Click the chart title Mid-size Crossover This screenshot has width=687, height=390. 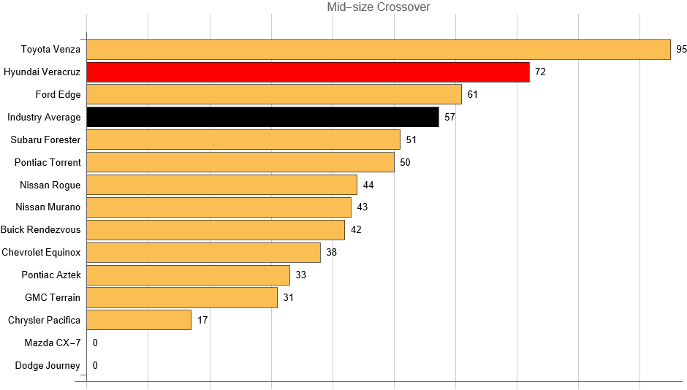[x=379, y=7]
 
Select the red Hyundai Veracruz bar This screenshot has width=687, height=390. [x=308, y=72]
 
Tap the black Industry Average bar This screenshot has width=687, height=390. [x=262, y=117]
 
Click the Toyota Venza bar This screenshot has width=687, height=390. [x=378, y=50]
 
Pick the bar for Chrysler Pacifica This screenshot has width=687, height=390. [x=139, y=320]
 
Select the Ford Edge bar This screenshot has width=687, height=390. [x=274, y=94]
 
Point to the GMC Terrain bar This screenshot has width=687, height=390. [x=182, y=297]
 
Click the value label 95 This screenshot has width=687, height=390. [x=682, y=50]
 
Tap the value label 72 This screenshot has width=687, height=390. [x=540, y=72]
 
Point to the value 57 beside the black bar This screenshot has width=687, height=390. [x=449, y=117]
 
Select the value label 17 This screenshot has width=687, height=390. [x=202, y=320]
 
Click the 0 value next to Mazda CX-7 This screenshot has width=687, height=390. [x=95, y=343]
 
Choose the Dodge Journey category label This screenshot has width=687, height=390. [x=48, y=365]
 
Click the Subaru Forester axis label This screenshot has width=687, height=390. [x=45, y=139]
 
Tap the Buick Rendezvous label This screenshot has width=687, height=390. [x=41, y=229]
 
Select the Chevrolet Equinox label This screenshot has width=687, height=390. [x=41, y=252]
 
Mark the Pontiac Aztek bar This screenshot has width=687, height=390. [x=188, y=275]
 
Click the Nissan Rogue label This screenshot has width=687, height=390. [x=50, y=185]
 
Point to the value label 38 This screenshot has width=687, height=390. [x=331, y=252]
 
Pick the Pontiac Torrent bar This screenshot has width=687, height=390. [x=240, y=162]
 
